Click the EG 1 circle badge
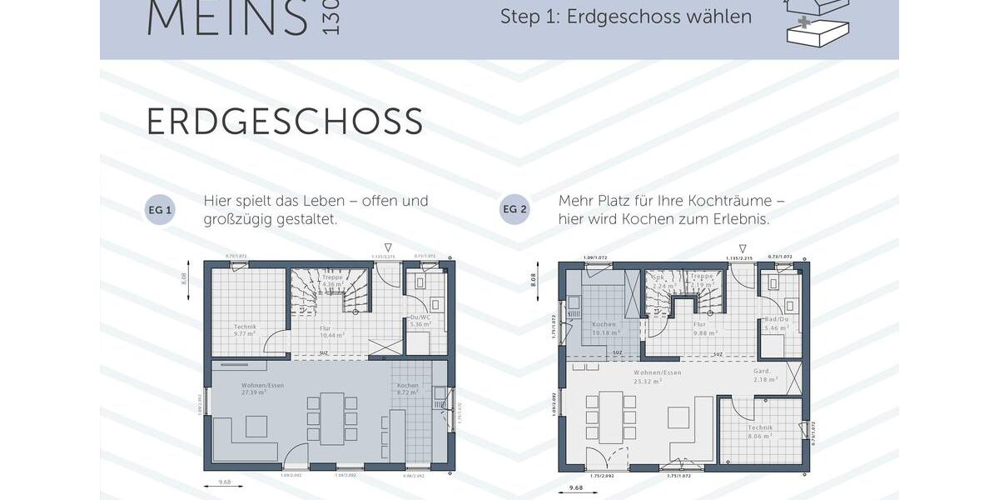pos(160,210)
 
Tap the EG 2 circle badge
pos(514,209)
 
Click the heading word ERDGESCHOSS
pos(285,122)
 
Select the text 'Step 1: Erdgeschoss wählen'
pos(626,17)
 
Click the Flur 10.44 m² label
pos(331,331)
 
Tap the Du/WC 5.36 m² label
pos(420,321)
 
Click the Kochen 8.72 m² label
pos(408,388)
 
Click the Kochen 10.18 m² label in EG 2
pos(604,328)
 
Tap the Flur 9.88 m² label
pos(701,328)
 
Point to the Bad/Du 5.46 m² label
pos(776,324)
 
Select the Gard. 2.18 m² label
pos(764,375)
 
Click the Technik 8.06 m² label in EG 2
pos(760,430)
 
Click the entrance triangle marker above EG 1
pos(387,247)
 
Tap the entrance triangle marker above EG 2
pos(743,248)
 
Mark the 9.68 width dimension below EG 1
pos(224,482)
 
